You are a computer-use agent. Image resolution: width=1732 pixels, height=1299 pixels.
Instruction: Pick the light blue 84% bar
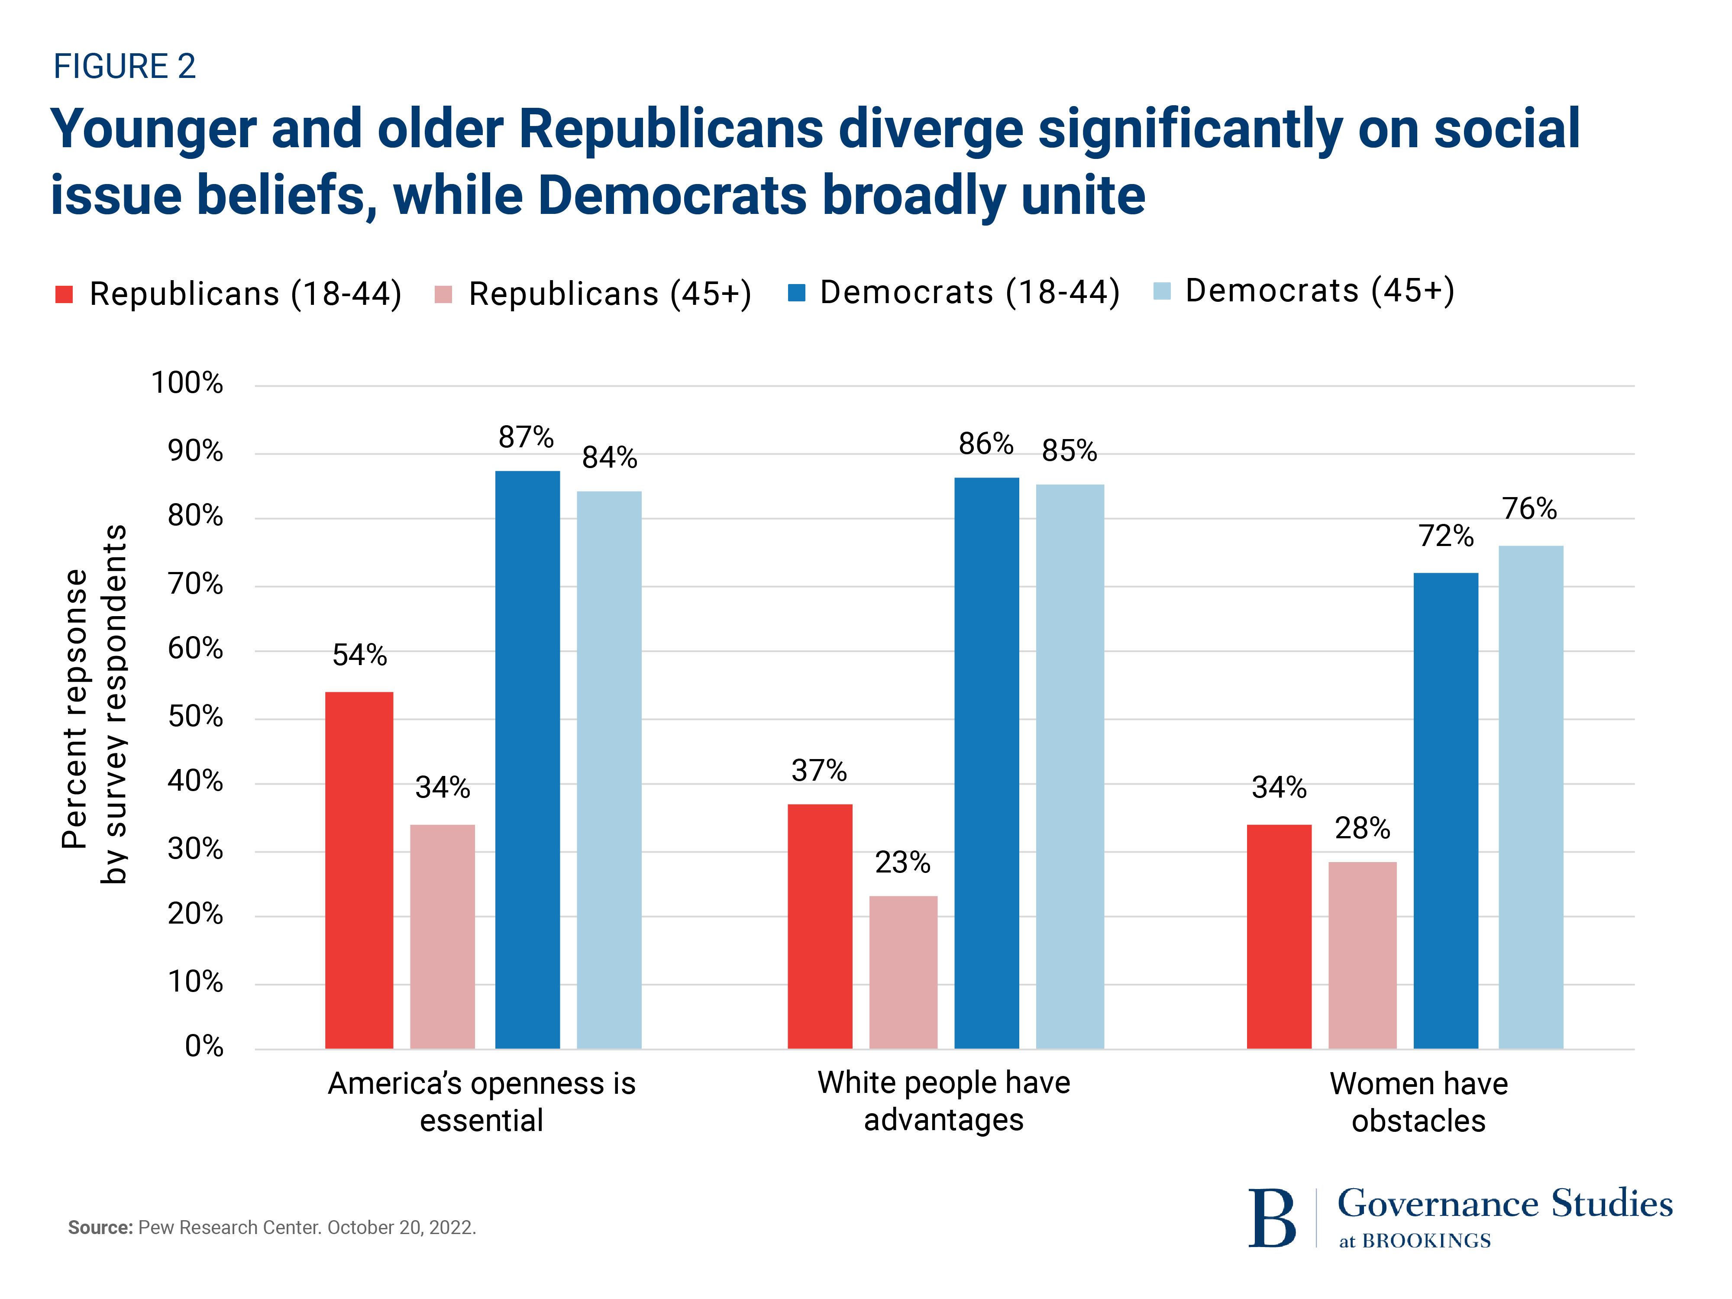(x=609, y=770)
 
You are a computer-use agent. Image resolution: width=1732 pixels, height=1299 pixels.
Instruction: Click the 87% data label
(x=526, y=437)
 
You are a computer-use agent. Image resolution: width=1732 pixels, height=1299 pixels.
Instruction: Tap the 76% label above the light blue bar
(x=1529, y=509)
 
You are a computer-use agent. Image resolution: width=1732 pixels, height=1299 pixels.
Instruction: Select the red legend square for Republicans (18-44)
(x=64, y=294)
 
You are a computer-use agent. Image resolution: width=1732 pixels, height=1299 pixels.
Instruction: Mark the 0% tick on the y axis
(x=204, y=1046)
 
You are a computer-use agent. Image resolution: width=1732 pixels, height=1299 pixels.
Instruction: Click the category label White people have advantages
(x=944, y=1101)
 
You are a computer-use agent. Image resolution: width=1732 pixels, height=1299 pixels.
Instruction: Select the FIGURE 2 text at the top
(x=125, y=67)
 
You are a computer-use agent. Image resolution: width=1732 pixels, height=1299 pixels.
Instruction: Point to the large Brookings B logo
(x=1272, y=1218)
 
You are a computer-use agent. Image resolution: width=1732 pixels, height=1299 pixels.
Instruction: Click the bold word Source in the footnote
(x=100, y=1227)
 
